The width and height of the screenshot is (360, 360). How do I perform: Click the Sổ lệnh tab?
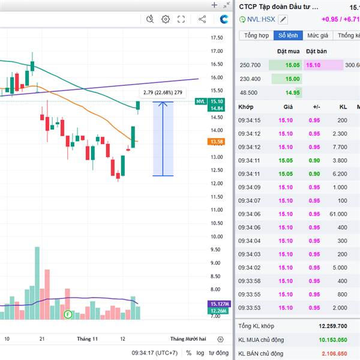tap(288, 35)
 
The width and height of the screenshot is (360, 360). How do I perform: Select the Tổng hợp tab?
tap(257, 35)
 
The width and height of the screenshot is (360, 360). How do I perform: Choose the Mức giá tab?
tap(318, 35)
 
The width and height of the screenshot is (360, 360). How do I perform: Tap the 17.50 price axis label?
tap(216, 38)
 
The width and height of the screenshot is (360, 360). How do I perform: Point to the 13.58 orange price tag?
tap(216, 142)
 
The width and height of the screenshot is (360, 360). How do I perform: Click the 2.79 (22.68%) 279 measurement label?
tap(163, 92)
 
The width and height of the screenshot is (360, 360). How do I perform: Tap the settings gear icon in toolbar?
tap(166, 20)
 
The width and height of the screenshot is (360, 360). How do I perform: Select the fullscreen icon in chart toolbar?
tap(181, 20)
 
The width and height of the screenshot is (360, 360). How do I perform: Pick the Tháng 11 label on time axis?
tap(87, 339)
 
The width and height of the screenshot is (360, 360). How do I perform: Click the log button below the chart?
tap(200, 353)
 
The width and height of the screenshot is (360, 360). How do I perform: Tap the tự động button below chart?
tap(218, 353)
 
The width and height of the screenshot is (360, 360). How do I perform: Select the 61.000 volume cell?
tap(338, 214)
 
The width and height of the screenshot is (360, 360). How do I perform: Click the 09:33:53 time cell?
tap(249, 307)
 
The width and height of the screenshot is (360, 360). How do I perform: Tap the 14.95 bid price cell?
tap(292, 92)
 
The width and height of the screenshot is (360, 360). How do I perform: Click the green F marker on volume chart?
tap(68, 314)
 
